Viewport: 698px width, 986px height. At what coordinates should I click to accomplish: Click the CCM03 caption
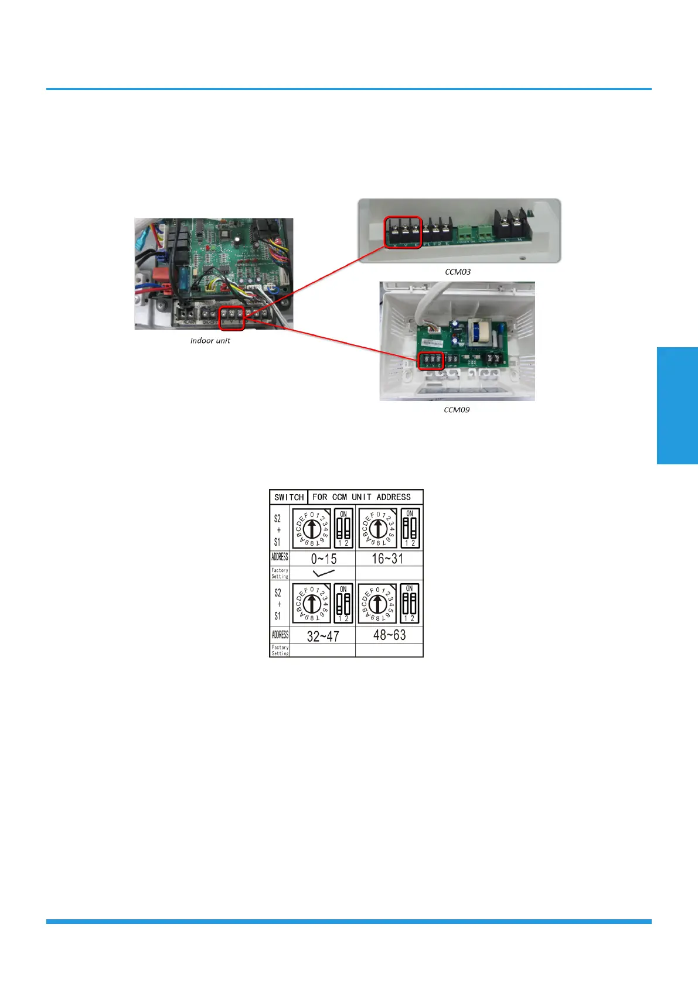[458, 272]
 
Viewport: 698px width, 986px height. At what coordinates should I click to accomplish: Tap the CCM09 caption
[457, 410]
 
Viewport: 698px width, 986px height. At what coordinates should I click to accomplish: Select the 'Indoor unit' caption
[210, 341]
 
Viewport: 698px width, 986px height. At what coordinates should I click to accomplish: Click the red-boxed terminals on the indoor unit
[231, 318]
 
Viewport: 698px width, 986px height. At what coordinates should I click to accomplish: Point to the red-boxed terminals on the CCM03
[403, 232]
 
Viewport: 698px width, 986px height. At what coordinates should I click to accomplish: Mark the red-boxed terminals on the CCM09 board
[431, 361]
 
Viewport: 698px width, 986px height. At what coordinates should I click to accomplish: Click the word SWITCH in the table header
[289, 497]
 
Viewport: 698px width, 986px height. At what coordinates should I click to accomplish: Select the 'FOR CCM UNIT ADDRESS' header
[361, 497]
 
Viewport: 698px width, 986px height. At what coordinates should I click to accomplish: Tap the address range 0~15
[324, 559]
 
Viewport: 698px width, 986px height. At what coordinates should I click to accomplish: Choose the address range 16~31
[387, 559]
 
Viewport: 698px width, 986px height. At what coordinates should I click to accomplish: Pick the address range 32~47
[323, 636]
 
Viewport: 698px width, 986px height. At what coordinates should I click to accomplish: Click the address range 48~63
[389, 635]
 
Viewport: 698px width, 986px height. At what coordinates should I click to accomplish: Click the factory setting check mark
[324, 573]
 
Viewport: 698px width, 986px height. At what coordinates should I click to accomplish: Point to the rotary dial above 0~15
[312, 528]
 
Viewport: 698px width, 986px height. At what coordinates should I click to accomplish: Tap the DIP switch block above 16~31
[410, 528]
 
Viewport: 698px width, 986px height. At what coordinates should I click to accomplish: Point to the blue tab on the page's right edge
[677, 405]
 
